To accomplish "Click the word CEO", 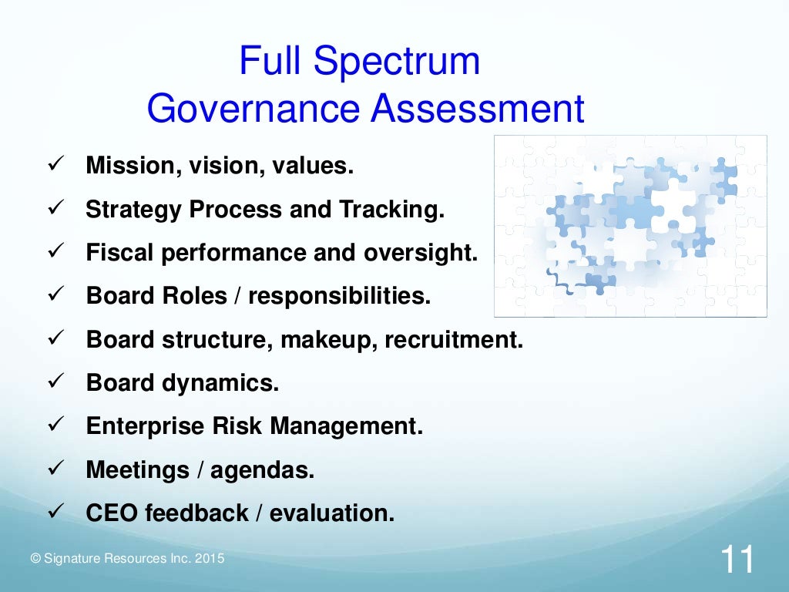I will (x=109, y=513).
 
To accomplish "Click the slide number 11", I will (x=737, y=560).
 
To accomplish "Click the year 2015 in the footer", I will (x=210, y=558).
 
